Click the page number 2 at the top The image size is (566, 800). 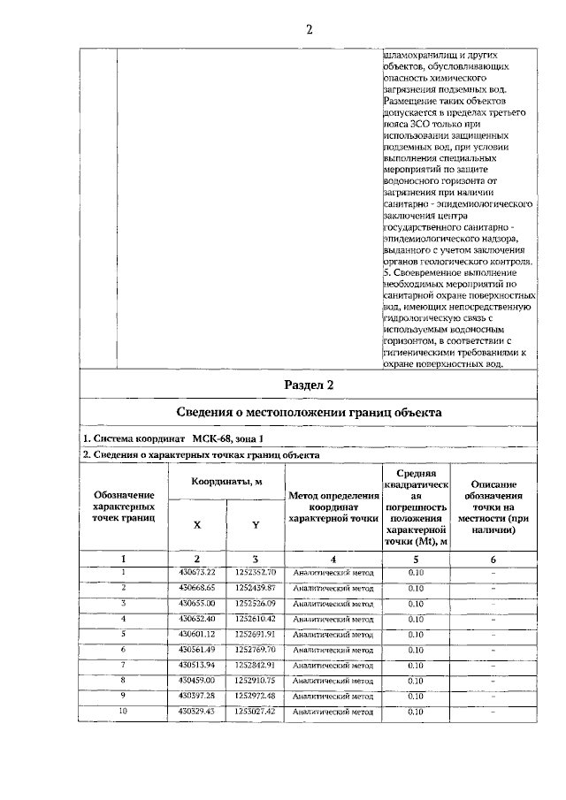310,28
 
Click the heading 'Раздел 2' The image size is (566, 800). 309,385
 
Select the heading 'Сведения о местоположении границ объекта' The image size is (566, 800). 308,413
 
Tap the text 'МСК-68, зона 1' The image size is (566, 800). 227,438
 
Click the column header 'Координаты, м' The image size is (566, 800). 226,480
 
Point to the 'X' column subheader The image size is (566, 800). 197,524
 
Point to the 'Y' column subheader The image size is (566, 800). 256,524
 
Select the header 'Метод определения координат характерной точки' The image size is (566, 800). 333,508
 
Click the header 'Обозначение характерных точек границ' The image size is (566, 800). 123,508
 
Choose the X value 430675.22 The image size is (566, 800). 197,573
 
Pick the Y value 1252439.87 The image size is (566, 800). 256,588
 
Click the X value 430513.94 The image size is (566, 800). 197,664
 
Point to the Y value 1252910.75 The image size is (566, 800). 256,680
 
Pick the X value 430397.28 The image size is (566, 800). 197,695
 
